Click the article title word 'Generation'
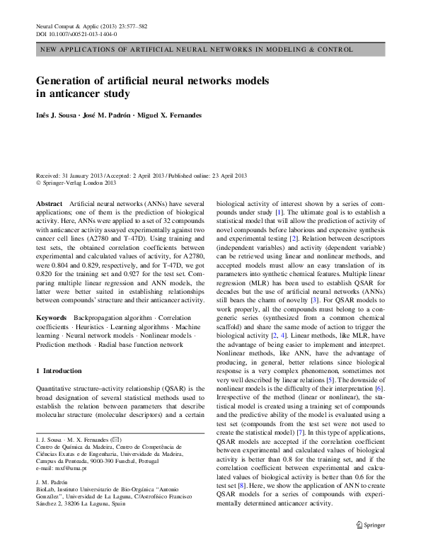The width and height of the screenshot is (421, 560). [x=71, y=81]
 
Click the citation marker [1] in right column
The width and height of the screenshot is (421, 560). [x=279, y=212]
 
